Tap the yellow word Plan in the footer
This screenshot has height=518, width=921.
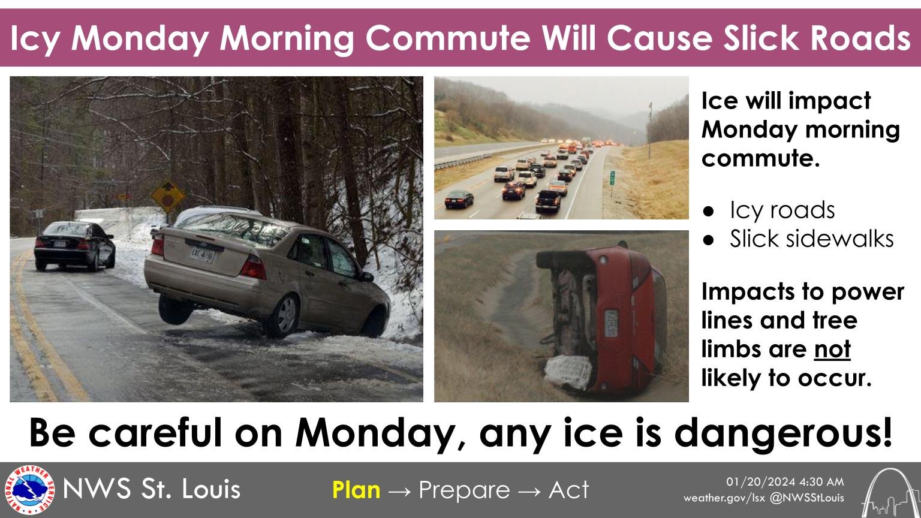[x=356, y=490]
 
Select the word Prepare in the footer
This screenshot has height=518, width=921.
[x=464, y=490]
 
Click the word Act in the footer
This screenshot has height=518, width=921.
[x=569, y=490]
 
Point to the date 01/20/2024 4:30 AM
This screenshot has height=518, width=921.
[x=785, y=482]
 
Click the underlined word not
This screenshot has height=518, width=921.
[x=832, y=349]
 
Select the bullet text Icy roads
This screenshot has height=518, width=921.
[x=782, y=210]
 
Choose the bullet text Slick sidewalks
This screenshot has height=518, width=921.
[x=811, y=239]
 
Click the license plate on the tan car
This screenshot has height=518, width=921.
[x=201, y=255]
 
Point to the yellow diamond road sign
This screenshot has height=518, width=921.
[x=167, y=194]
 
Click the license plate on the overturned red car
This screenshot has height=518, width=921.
[x=611, y=323]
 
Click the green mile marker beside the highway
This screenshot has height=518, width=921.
[x=612, y=177]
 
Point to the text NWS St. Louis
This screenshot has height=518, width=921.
[x=152, y=490]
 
